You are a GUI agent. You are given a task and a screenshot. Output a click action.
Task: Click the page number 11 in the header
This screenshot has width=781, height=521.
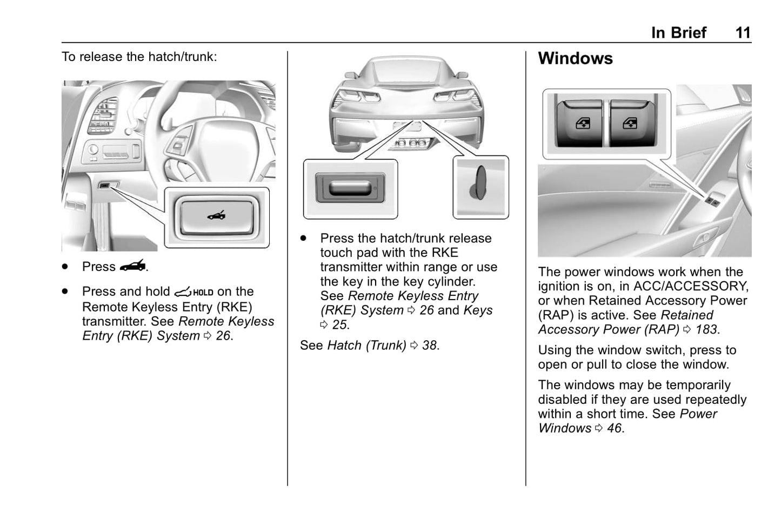(743, 33)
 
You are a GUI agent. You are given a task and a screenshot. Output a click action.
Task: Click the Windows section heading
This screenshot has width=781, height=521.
(575, 58)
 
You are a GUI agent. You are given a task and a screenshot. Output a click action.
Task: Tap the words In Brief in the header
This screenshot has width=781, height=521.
(678, 33)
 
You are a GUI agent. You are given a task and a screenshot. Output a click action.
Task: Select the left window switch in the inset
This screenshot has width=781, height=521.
(580, 123)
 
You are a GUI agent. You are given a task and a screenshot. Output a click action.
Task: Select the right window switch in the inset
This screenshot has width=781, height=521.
(632, 123)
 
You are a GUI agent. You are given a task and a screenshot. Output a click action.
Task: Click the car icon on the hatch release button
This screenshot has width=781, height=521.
(217, 215)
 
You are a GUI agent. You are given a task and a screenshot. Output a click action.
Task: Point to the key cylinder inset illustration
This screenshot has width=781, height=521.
(481, 187)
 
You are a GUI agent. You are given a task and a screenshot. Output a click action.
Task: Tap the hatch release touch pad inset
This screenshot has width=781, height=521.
(350, 189)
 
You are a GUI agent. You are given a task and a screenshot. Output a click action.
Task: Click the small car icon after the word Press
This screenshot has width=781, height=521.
(132, 266)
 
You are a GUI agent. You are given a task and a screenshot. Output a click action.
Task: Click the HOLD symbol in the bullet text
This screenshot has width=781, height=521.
(193, 292)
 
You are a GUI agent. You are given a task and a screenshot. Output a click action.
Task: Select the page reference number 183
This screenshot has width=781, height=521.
(706, 329)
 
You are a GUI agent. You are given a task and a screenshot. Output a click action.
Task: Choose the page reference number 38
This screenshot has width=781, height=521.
(429, 345)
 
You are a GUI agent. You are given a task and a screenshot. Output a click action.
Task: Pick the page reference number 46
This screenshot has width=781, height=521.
(615, 428)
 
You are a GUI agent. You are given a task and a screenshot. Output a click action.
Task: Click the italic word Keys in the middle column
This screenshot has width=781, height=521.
(478, 310)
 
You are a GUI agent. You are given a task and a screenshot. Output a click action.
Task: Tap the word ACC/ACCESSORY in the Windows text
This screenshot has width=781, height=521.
(691, 286)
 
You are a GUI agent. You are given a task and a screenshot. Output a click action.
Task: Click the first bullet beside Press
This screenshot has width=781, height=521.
(65, 266)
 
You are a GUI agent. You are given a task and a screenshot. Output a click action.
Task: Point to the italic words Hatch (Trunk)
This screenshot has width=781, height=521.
(367, 345)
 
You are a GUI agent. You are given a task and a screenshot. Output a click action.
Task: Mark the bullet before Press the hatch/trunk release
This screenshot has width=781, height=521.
(303, 238)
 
